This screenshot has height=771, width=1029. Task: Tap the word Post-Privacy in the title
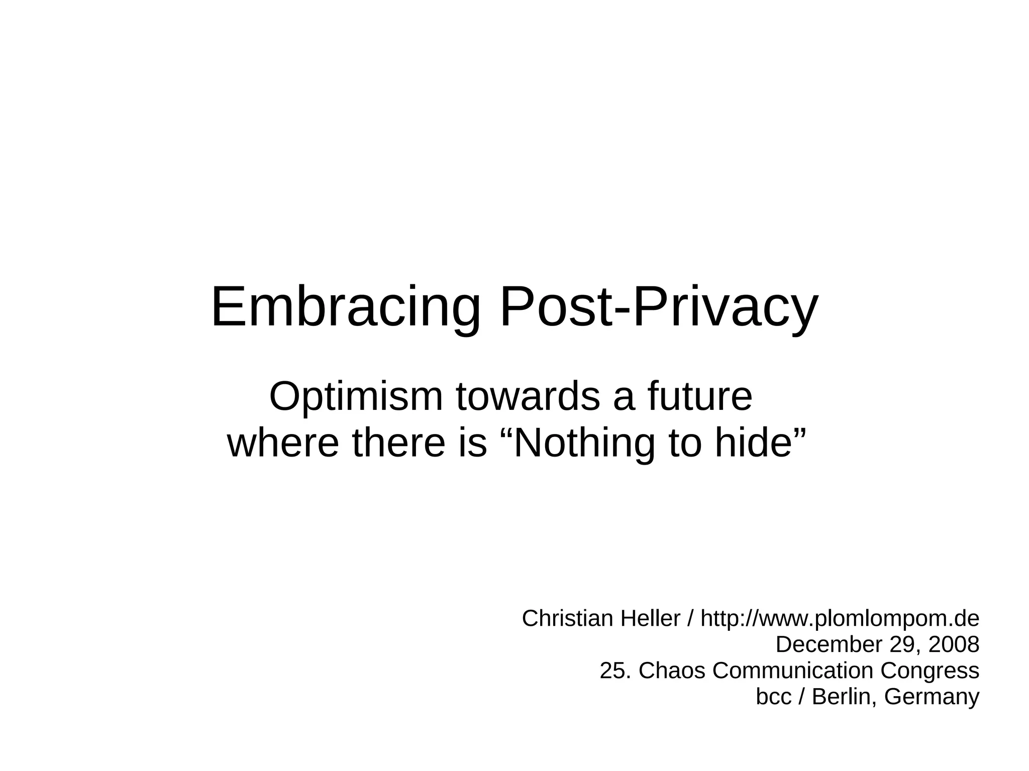click(x=659, y=307)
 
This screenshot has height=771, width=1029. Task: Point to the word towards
click(x=528, y=397)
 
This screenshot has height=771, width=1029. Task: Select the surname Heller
click(x=651, y=618)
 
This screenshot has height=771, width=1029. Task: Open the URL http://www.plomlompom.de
click(x=840, y=618)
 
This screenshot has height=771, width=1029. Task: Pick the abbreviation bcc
click(x=774, y=697)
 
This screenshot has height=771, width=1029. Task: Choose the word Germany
click(x=932, y=697)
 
